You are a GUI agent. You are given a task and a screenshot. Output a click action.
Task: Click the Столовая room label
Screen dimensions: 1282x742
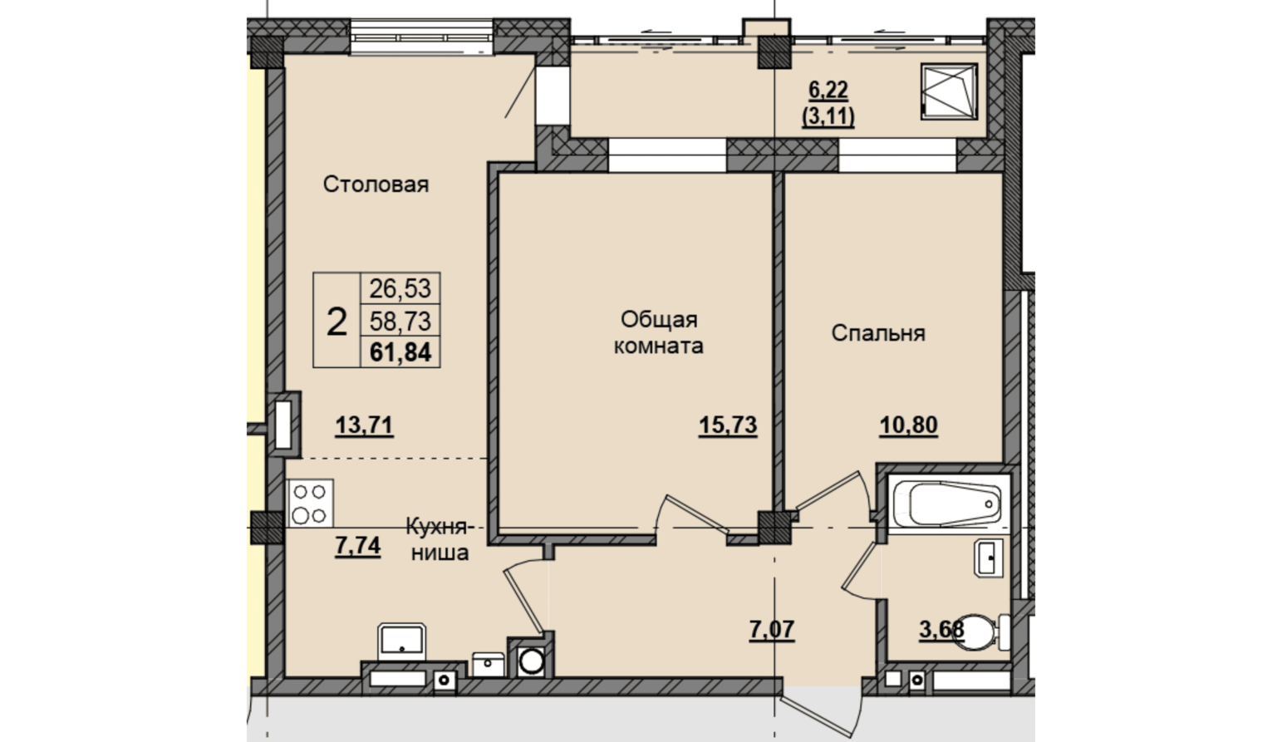(376, 184)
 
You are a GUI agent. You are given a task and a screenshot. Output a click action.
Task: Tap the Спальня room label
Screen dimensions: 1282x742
(878, 333)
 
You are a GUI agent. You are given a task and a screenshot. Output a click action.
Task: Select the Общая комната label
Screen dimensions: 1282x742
(659, 332)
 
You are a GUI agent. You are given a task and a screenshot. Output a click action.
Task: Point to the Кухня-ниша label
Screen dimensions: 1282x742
(439, 538)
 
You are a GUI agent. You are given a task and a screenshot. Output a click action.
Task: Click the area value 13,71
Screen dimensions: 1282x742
(364, 425)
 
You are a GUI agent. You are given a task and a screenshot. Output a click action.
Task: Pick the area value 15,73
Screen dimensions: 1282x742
(728, 425)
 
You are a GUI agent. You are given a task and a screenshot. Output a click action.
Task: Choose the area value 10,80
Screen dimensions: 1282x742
(908, 425)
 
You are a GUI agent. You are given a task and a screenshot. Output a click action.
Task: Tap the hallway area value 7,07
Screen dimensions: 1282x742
(772, 630)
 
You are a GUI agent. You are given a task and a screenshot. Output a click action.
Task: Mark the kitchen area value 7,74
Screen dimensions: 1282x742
(358, 546)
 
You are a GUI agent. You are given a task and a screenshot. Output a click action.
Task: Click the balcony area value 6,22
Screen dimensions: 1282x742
(828, 90)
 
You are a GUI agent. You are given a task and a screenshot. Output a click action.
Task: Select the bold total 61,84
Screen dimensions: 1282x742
(400, 351)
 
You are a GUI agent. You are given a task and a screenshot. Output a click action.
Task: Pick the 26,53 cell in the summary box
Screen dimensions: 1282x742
(400, 288)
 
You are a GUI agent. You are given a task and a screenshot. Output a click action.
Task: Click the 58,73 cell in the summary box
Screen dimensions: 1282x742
(400, 321)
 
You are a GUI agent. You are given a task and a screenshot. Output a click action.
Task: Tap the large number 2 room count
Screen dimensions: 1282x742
(336, 322)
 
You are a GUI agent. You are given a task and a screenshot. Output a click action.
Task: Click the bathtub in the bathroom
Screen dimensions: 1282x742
(948, 504)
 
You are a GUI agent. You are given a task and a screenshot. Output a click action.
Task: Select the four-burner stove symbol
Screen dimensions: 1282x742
(310, 504)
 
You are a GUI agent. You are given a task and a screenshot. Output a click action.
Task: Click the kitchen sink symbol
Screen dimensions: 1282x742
(402, 641)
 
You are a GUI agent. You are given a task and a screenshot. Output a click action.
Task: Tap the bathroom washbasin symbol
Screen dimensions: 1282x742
(989, 558)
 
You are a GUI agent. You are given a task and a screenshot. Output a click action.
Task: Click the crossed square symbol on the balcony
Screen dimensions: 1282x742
(949, 91)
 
